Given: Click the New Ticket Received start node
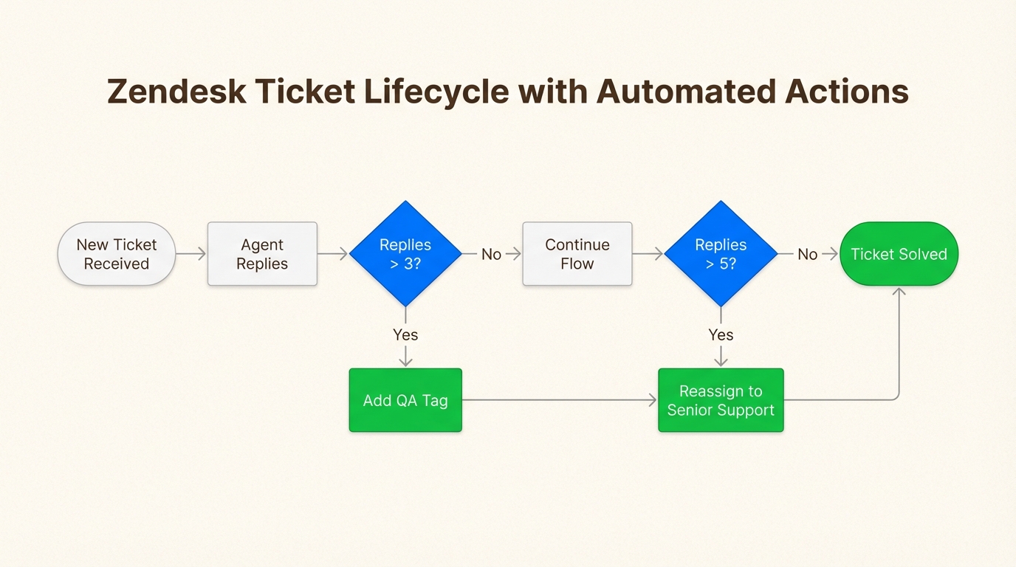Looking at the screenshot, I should (117, 254).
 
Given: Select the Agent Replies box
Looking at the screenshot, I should (262, 254).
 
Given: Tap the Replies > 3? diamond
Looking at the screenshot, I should (405, 253).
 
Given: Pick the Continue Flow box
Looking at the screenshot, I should (577, 254).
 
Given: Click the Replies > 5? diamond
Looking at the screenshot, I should (721, 253).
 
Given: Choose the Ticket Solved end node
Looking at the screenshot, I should (899, 254).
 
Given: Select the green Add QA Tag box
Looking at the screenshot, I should (405, 400).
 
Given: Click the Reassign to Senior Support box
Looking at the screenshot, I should (721, 400).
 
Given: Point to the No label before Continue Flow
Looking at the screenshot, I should (491, 254).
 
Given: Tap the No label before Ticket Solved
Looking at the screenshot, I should (807, 254).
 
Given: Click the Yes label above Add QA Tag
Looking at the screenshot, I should (405, 334).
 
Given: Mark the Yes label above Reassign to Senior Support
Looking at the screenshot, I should (721, 334).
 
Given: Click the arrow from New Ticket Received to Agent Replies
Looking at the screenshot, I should (191, 254).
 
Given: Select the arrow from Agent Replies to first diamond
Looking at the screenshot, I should (333, 254).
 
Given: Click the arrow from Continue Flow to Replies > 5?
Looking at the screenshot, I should (648, 254).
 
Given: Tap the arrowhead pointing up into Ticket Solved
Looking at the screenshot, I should (899, 292).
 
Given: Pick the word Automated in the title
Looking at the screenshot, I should (684, 92).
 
